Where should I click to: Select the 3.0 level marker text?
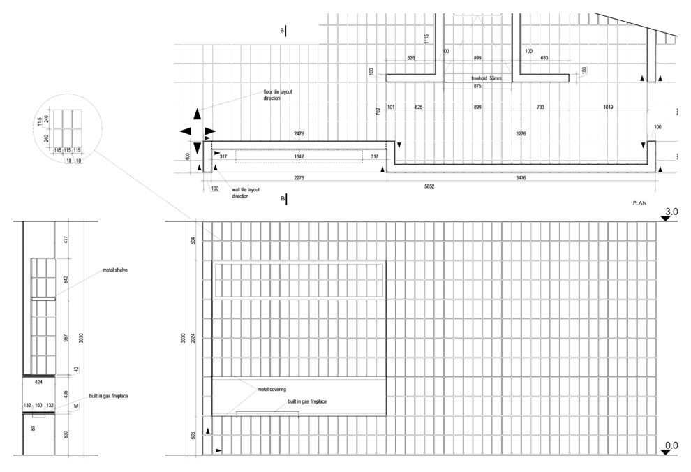(671, 211)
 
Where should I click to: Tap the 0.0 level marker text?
(671, 445)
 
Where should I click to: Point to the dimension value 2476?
(302, 133)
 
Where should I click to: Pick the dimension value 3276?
(521, 133)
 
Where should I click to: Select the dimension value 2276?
(299, 178)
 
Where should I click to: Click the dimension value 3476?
(521, 178)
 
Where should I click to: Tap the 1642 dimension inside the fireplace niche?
(299, 156)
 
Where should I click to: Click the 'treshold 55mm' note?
(486, 78)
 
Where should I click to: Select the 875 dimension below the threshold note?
(477, 87)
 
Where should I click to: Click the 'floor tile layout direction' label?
(281, 96)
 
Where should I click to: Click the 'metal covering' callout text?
(273, 389)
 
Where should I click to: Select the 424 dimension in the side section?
(38, 383)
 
